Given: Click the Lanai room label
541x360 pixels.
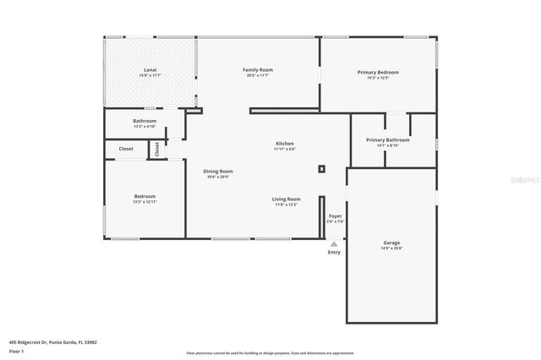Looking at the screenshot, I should point(150,70).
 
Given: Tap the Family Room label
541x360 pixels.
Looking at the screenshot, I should point(258,70).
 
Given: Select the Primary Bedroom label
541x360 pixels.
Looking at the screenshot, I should point(378,73).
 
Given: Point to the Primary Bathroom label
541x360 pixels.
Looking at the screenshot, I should point(387,139).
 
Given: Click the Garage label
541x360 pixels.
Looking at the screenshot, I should point(391,243).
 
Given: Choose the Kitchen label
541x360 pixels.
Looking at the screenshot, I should point(285,144).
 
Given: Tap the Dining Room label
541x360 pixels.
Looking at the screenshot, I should point(218,171).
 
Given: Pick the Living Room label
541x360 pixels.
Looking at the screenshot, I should point(287,199).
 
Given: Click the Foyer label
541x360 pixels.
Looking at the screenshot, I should point(336,216).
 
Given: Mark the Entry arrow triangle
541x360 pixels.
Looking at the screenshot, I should point(334,243).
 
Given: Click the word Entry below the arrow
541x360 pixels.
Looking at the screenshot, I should point(334,252).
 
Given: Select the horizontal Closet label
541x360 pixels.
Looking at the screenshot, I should point(126,149).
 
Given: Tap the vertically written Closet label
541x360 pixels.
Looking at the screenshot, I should point(156,149).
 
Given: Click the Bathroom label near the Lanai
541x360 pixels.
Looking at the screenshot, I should point(145,121).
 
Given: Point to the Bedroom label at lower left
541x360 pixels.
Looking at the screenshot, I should point(145,196).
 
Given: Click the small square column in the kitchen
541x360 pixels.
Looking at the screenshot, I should point(321,168).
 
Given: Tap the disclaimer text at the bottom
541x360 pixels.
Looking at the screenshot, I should point(270,353).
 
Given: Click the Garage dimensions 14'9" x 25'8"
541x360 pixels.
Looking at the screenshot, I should point(391,248).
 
